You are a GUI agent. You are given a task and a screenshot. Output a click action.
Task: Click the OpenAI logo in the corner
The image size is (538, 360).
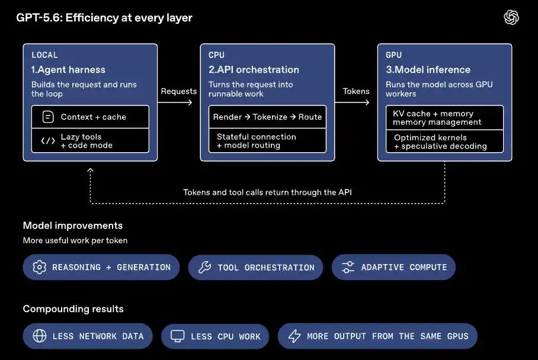[x=511, y=17]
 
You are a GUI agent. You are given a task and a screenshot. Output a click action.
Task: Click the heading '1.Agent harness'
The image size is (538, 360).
[x=68, y=70]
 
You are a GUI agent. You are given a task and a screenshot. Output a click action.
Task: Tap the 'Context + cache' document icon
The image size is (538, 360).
[x=48, y=117]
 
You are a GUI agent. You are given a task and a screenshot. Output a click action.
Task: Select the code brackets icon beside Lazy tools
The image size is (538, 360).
[x=48, y=141]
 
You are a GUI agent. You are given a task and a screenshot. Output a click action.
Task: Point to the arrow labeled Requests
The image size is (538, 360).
[x=175, y=102]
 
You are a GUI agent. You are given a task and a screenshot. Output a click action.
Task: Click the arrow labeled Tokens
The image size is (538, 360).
[x=352, y=102]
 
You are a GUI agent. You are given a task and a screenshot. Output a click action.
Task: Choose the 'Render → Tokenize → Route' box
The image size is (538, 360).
[x=268, y=117]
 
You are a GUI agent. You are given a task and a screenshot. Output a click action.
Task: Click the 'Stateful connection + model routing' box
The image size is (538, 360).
[x=268, y=140]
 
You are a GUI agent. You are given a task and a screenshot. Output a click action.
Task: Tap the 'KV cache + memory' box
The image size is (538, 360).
[x=444, y=118]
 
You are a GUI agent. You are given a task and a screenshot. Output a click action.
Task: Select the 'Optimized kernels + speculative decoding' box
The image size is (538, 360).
[x=444, y=142]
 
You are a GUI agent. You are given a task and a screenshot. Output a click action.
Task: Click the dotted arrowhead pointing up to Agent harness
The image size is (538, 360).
[x=90, y=170]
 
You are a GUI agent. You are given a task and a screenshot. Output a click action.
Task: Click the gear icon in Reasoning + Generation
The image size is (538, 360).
[x=40, y=267]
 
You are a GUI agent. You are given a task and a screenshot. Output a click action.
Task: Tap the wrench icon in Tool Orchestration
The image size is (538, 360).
[x=205, y=267]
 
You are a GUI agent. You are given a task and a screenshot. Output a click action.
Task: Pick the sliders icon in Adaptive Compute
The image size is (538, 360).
[x=348, y=267]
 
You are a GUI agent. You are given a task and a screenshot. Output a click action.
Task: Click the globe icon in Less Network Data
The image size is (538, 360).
[x=40, y=336]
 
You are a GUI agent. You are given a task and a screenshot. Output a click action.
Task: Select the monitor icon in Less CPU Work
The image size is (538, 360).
[x=178, y=336]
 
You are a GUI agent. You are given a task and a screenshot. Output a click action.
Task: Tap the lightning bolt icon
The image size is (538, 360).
[x=294, y=336]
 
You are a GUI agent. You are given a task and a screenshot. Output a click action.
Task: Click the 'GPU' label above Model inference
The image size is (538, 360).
[x=393, y=55]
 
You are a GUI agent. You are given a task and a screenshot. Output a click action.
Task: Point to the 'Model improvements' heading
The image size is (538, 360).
[x=73, y=226]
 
